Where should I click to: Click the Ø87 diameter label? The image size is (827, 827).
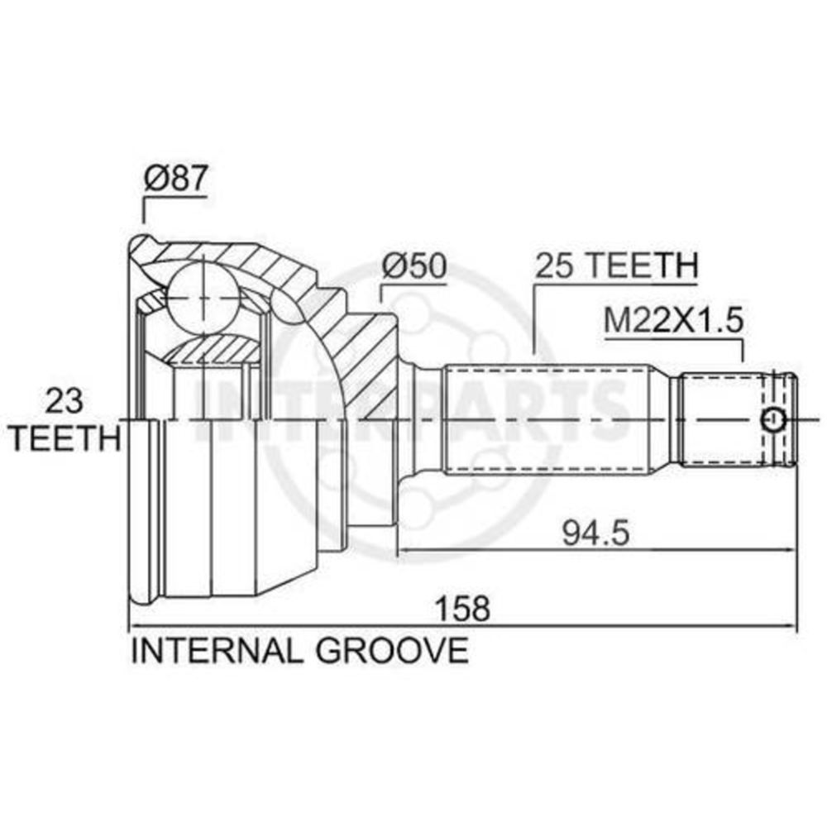coord(174,179)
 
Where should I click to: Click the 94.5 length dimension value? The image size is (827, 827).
coord(596,533)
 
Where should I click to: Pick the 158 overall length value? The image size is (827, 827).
coord(462,608)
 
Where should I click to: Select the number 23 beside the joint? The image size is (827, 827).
coord(65,401)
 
